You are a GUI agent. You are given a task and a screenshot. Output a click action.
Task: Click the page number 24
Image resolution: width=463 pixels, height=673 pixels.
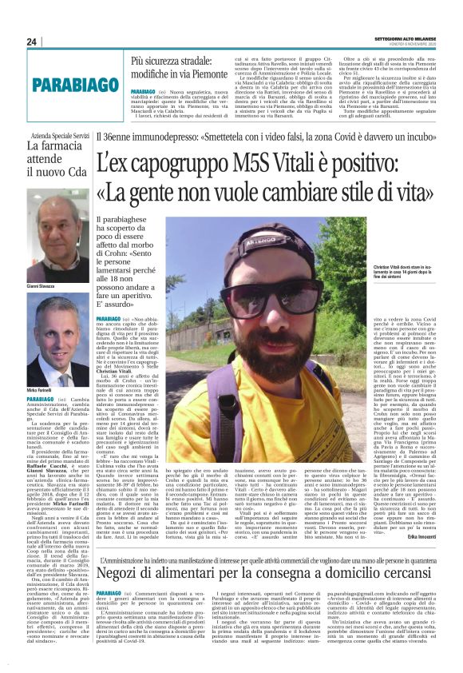pyautogui.click(x=32, y=42)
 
